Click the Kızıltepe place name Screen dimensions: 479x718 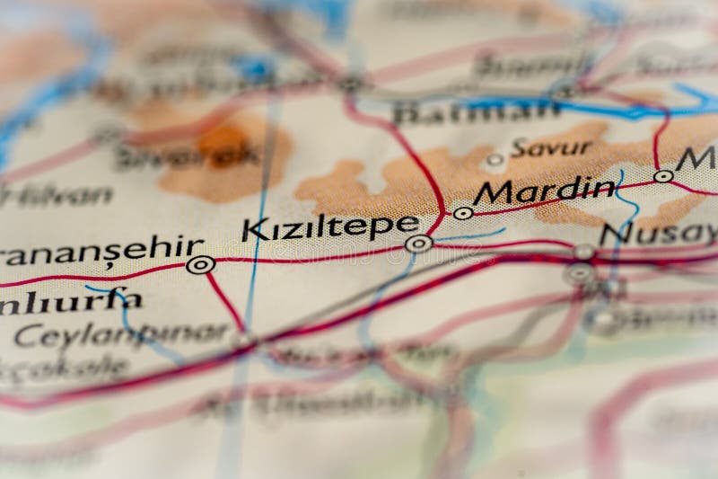point(330,228)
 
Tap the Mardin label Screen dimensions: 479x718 point(545,191)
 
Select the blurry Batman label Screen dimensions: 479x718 point(476,111)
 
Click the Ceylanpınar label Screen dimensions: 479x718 point(120,334)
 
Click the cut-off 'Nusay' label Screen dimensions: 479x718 point(659,234)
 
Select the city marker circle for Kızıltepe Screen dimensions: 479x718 point(418,244)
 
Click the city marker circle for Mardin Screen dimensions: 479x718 point(463,213)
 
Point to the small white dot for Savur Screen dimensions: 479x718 point(495,161)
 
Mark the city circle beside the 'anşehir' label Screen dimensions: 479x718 point(200,264)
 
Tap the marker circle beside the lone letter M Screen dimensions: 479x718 point(663,176)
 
